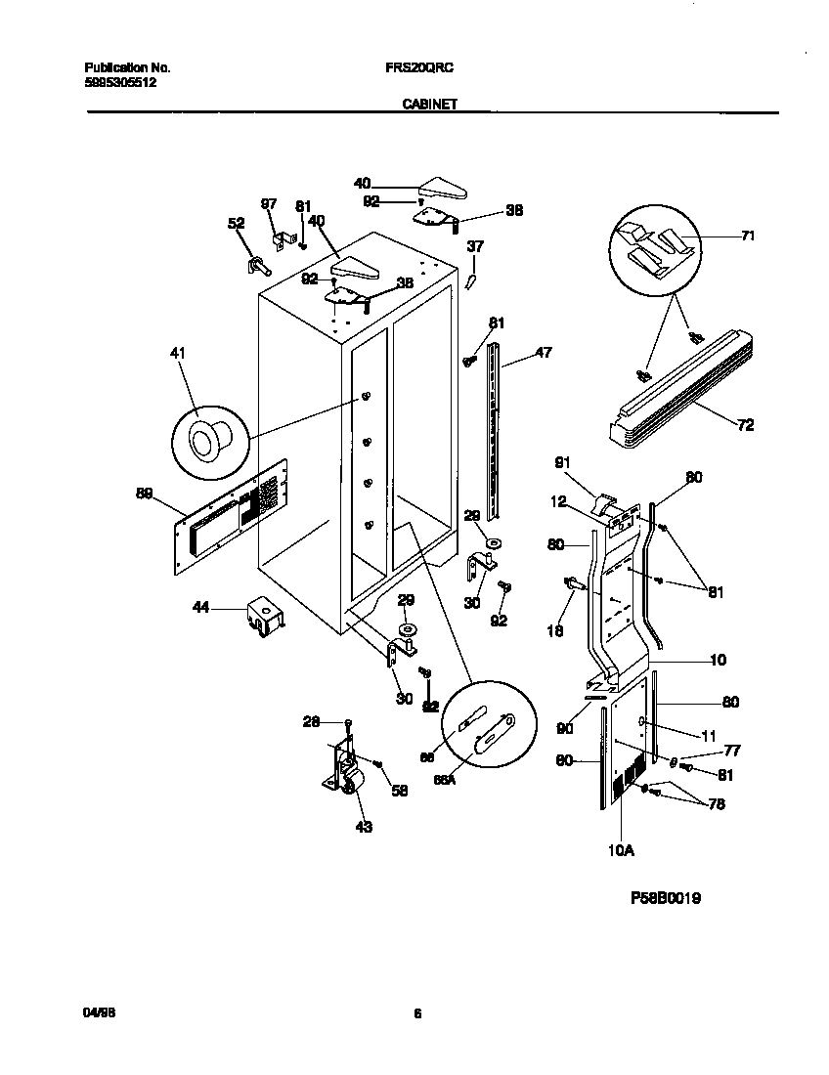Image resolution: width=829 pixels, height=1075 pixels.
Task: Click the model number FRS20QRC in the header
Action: [x=414, y=68]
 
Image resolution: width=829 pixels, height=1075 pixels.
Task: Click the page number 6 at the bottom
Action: [x=416, y=1013]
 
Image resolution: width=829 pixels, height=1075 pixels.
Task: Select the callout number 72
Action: [x=745, y=425]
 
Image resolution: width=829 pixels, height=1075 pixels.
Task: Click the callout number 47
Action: [x=544, y=353]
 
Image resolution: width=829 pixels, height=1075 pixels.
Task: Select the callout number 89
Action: [x=145, y=494]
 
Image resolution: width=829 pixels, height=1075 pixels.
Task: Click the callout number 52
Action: [x=236, y=223]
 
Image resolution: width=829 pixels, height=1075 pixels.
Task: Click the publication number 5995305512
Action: [x=120, y=83]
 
